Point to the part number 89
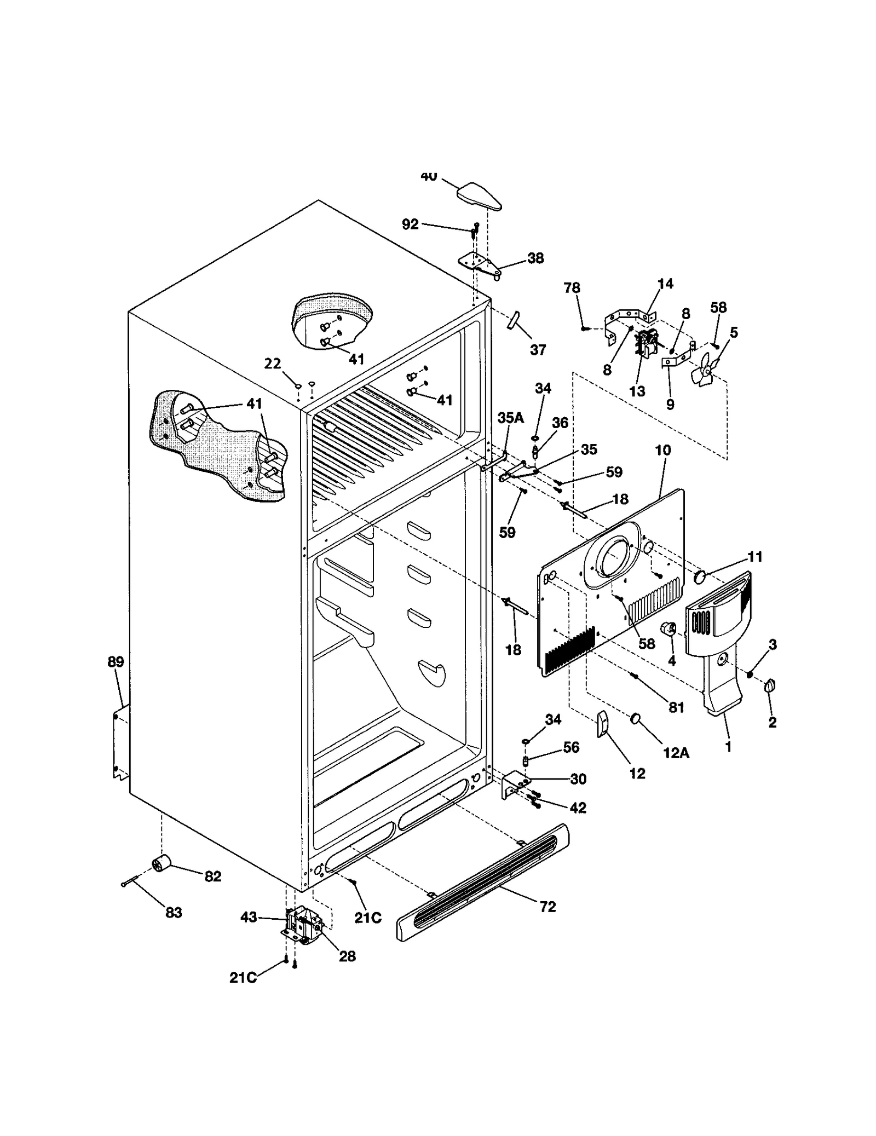coord(116,662)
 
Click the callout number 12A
coord(676,753)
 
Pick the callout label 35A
coord(510,418)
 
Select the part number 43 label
coord(249,916)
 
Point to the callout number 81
coord(677,707)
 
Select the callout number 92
coord(410,224)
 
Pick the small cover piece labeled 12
coord(601,725)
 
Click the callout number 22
coord(273,364)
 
